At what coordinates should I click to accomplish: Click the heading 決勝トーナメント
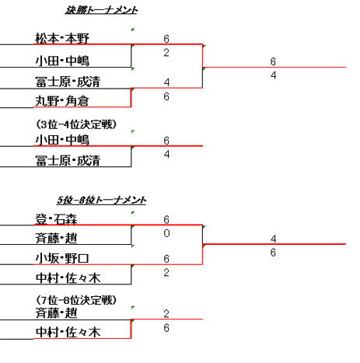[x=101, y=10]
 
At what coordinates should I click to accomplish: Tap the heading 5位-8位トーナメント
[x=102, y=200]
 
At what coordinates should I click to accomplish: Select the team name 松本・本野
[x=62, y=39]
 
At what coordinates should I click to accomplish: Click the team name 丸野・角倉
[x=62, y=101]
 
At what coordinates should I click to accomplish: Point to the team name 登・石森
[x=56, y=219]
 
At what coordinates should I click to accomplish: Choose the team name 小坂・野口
[x=62, y=258]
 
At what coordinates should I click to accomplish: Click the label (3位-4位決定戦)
[x=76, y=124]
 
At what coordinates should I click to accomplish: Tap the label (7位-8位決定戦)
[x=76, y=300]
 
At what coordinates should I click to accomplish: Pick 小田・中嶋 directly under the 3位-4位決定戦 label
[x=62, y=140]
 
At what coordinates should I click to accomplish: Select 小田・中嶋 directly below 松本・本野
[x=62, y=61]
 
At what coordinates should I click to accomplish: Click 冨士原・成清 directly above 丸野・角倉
[x=68, y=82]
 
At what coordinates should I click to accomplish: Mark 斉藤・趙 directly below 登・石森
[x=56, y=239]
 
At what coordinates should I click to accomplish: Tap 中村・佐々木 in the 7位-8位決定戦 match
[x=68, y=333]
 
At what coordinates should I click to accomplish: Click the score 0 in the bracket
[x=166, y=233]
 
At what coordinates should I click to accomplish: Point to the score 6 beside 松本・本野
[x=166, y=39]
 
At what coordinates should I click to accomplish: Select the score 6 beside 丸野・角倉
[x=166, y=96]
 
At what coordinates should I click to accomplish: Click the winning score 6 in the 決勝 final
[x=273, y=61]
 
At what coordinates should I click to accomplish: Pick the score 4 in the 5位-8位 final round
[x=273, y=239]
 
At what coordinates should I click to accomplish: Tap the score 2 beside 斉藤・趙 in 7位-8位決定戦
[x=166, y=314]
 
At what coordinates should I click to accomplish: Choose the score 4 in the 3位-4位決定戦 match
[x=166, y=155]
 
